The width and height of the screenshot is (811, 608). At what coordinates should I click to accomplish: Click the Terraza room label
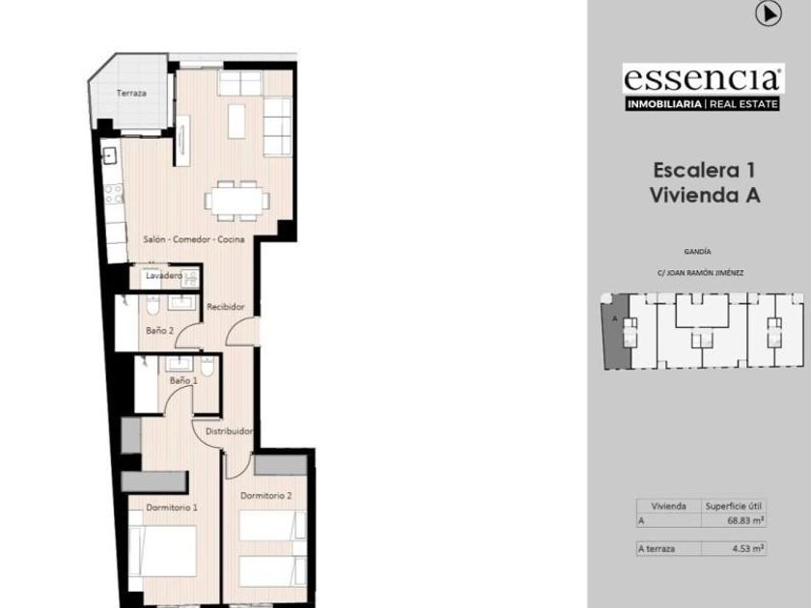tap(131, 93)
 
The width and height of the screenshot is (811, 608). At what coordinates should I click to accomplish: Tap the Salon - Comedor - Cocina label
tap(193, 239)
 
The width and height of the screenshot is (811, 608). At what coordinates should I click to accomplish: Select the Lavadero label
tap(163, 276)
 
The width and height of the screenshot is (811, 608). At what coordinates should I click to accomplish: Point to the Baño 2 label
tap(160, 330)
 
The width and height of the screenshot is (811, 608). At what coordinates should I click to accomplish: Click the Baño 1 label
tap(183, 380)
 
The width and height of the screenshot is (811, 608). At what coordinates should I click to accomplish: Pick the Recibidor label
tap(226, 307)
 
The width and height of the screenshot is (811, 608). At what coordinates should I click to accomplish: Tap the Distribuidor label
tap(229, 431)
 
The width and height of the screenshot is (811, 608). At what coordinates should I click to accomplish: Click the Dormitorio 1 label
tap(172, 508)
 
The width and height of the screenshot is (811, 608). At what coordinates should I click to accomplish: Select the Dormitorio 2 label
tap(266, 495)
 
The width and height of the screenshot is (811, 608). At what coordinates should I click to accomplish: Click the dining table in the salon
tap(237, 201)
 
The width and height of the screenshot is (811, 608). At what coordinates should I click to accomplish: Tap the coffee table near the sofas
tap(237, 122)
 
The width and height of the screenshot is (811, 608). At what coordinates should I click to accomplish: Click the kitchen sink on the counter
tap(110, 155)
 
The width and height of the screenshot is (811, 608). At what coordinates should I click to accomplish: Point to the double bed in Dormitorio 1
tap(162, 551)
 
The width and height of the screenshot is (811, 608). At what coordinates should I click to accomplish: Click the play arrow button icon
tap(769, 14)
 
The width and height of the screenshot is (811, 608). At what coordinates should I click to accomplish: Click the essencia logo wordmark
tap(703, 78)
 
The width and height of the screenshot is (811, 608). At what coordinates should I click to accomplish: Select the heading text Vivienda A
tap(705, 195)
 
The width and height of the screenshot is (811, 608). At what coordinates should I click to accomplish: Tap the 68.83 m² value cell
tap(745, 520)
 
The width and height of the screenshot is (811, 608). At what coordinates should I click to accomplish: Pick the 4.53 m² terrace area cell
tap(748, 548)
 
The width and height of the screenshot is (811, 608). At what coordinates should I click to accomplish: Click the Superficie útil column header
tap(734, 506)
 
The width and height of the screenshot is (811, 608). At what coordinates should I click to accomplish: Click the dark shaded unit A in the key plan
tap(616, 331)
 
